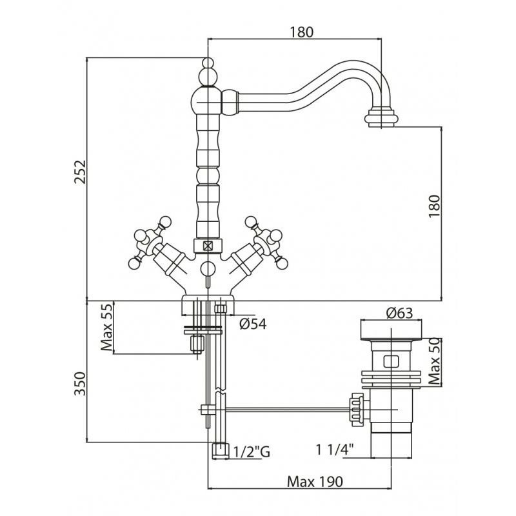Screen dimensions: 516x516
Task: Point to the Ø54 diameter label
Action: pos(253,324)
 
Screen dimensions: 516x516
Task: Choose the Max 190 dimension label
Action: pos(315,482)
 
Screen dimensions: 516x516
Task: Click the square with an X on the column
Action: pos(207,245)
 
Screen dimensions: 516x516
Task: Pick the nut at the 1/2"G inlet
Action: pos(219,450)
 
